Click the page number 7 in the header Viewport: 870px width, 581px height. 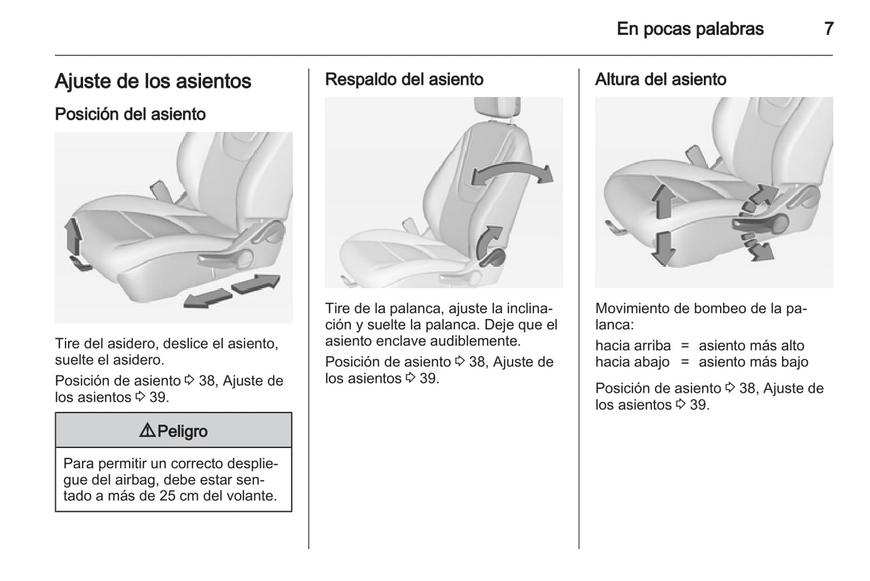coord(828,29)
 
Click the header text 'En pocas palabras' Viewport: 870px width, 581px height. coord(690,29)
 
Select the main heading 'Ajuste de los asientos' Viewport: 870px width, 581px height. coord(153,81)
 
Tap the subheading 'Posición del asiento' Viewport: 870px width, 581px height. coord(130,114)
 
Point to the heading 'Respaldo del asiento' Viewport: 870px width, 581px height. coord(404,79)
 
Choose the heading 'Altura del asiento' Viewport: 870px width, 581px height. coord(660,79)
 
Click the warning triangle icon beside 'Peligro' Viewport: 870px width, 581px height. coord(147,430)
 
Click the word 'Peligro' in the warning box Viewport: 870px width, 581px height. coord(182,431)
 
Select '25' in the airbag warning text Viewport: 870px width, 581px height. coord(168,496)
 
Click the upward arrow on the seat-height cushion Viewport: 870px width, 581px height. coord(662,201)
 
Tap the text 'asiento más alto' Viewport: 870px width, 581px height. coord(751,346)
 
